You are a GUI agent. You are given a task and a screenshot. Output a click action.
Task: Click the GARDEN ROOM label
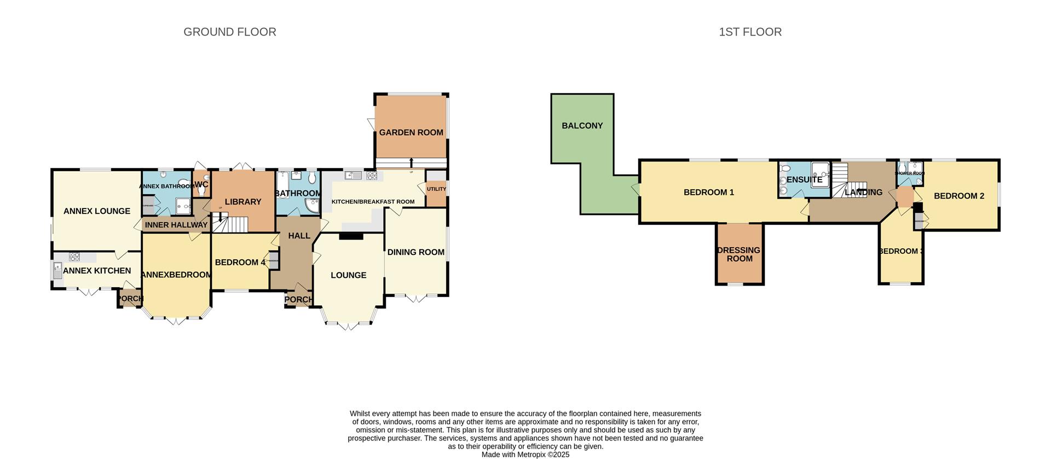[x=411, y=132]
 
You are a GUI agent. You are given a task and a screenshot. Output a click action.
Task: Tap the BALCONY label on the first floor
[x=582, y=126]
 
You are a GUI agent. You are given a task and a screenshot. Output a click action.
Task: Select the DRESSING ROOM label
[x=739, y=254]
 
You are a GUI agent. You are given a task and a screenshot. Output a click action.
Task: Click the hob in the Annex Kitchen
[x=74, y=256]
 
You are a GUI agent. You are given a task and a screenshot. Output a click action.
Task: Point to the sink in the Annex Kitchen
[x=58, y=270]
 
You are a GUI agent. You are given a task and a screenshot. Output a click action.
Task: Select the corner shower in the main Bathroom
[x=312, y=205]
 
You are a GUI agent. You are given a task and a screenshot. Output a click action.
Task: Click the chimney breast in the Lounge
[x=351, y=236]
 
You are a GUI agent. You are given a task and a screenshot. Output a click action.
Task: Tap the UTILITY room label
[x=436, y=189]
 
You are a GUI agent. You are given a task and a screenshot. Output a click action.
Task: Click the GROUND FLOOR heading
[x=229, y=32]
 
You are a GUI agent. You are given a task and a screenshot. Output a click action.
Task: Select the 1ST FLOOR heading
[x=750, y=32]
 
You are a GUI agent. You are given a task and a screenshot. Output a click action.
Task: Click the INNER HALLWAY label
[x=176, y=225]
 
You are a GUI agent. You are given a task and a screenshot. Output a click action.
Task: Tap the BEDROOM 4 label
[x=240, y=263]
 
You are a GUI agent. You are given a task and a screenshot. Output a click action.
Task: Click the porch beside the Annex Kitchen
[x=129, y=299]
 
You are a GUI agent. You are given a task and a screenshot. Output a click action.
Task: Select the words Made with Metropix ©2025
[x=525, y=455]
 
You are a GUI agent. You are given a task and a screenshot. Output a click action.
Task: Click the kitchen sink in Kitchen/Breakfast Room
[x=354, y=176]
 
